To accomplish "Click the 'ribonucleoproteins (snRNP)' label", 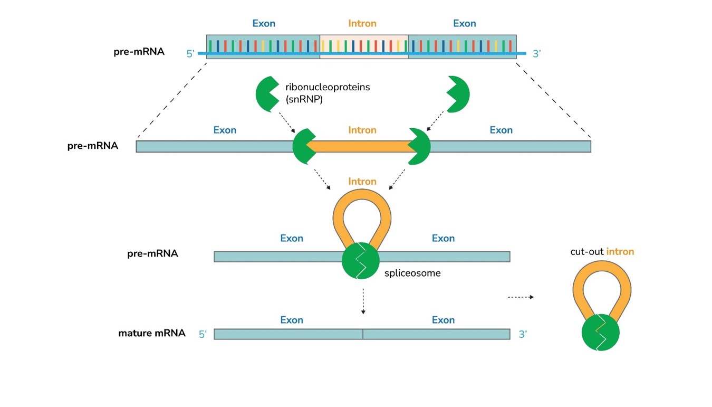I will point(328,92).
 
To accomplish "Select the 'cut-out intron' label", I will point(602,252).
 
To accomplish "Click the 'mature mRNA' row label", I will point(152,333).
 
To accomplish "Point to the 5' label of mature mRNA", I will point(203,334).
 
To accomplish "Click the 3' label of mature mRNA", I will point(523,334).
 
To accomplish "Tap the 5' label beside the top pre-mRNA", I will point(191,53).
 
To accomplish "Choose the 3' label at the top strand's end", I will point(537,53).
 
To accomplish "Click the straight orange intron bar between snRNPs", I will point(362,146).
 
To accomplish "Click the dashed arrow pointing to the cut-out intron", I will point(521,297).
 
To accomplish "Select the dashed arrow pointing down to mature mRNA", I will point(363,301).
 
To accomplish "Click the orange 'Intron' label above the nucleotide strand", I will point(362,24).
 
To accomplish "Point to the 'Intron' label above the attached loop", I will point(362,182).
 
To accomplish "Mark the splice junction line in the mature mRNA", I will point(363,334).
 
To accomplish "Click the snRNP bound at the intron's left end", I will point(303,146).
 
